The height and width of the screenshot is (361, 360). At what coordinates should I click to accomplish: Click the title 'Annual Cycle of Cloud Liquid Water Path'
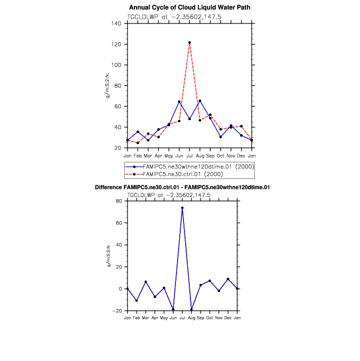coord(190,7)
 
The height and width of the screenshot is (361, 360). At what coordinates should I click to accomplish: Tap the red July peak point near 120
coord(189,42)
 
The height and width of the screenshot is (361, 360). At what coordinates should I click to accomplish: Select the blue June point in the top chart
coord(179,101)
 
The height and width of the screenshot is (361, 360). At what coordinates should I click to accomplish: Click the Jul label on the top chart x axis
coord(189,155)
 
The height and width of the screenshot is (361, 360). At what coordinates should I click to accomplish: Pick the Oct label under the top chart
coord(220,155)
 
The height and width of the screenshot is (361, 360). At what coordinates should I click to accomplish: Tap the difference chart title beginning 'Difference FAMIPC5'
coord(182,187)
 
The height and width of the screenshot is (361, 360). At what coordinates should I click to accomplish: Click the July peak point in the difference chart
coord(182,208)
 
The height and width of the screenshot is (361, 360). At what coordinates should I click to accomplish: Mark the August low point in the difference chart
coord(191,309)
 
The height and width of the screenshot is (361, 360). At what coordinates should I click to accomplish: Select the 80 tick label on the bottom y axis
coord(119,201)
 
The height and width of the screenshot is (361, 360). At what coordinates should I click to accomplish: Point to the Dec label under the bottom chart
coord(228,318)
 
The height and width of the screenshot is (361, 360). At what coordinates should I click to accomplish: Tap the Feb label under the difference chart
coord(137,318)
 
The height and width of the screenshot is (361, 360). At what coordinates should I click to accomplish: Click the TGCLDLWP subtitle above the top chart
coord(174,17)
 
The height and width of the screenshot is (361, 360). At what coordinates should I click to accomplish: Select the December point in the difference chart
coord(228,279)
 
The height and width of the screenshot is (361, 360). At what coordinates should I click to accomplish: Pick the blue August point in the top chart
coord(199,101)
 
